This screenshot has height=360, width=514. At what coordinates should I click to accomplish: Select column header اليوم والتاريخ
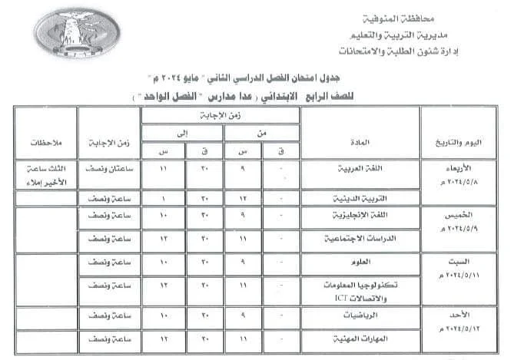[x=456, y=144]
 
